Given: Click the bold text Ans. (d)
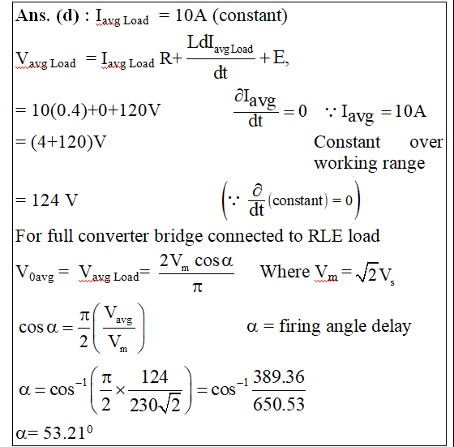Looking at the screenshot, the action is (x=47, y=15).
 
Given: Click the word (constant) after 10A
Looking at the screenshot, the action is (x=251, y=15).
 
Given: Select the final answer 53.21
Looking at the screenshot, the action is (x=64, y=433).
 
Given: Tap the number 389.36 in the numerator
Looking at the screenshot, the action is (x=279, y=376).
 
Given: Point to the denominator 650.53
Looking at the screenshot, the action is (x=279, y=404).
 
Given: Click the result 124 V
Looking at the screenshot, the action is (x=55, y=200).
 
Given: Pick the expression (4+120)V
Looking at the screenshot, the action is (x=68, y=142).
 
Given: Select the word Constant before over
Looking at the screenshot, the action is (x=347, y=142).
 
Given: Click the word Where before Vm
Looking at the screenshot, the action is (x=285, y=272).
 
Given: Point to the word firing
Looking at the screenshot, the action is (x=300, y=327).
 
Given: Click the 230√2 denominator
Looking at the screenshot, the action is (x=155, y=405).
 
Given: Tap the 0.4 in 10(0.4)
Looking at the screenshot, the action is (x=69, y=110).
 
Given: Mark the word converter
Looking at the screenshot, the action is (x=113, y=236).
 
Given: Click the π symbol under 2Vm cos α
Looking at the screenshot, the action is (x=197, y=287).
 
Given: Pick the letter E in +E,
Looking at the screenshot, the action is (x=279, y=57).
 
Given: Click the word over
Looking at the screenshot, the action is (x=426, y=142).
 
